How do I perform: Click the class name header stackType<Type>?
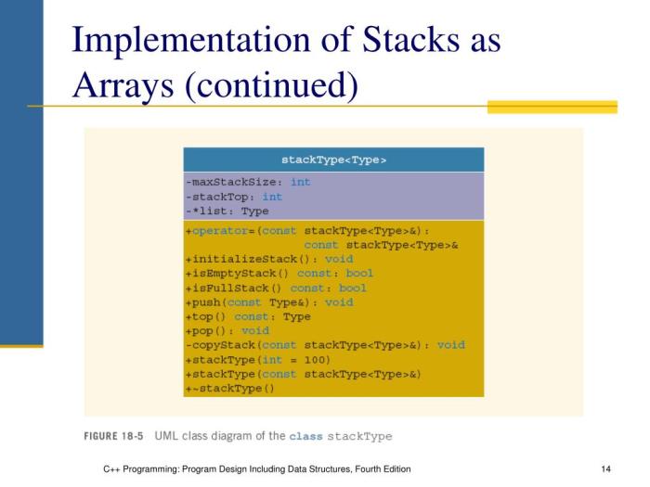tap(333, 160)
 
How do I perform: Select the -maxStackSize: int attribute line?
tap(248, 182)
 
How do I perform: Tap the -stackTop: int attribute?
tap(234, 197)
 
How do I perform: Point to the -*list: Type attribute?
tap(227, 211)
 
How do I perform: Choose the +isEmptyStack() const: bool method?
tap(279, 274)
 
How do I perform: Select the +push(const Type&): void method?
tap(268, 302)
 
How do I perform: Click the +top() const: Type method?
tap(248, 316)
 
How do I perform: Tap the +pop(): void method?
tap(227, 330)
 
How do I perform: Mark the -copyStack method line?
tap(325, 345)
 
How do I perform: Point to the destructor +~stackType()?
tap(230, 388)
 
